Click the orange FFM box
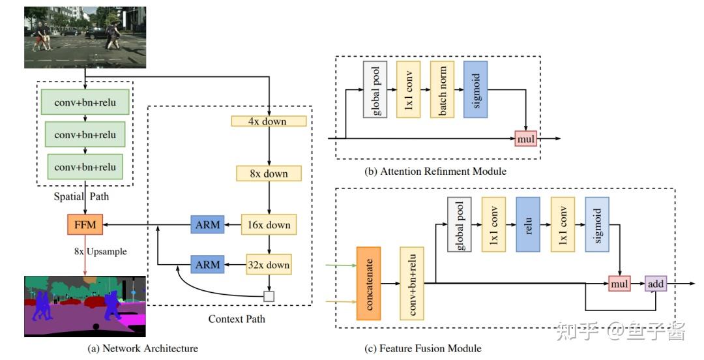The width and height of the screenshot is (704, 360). (x=85, y=225)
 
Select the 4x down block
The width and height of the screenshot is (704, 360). (x=268, y=121)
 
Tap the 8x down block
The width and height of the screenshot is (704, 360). (x=268, y=173)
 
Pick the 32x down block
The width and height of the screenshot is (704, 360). (x=268, y=265)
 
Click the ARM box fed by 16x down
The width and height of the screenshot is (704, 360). (x=207, y=225)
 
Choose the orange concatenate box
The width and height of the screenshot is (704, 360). (x=368, y=283)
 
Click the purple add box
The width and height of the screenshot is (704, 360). (x=655, y=284)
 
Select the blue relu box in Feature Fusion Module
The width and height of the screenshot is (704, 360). (x=528, y=224)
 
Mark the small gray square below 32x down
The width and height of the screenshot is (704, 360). (x=269, y=296)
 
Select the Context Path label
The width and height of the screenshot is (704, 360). (x=237, y=319)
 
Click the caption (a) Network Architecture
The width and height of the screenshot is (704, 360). (x=143, y=348)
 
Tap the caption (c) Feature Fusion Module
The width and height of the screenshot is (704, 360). (x=423, y=348)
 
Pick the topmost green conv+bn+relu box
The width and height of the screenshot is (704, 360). (x=85, y=102)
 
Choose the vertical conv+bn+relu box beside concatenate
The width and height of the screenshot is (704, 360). (x=412, y=283)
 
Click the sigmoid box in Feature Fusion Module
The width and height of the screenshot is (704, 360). (x=598, y=224)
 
